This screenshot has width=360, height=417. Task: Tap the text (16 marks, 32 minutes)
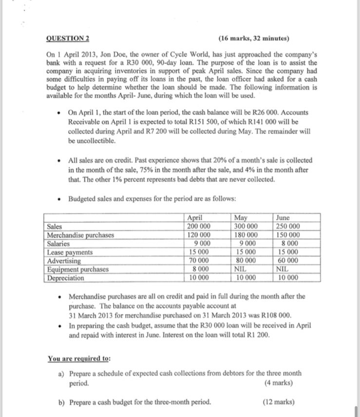click(x=254, y=39)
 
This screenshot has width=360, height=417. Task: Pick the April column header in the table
click(x=195, y=218)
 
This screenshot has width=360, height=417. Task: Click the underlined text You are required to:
click(x=79, y=359)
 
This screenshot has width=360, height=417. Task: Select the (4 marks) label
click(x=279, y=383)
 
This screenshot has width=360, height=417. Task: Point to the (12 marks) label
click(x=278, y=402)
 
